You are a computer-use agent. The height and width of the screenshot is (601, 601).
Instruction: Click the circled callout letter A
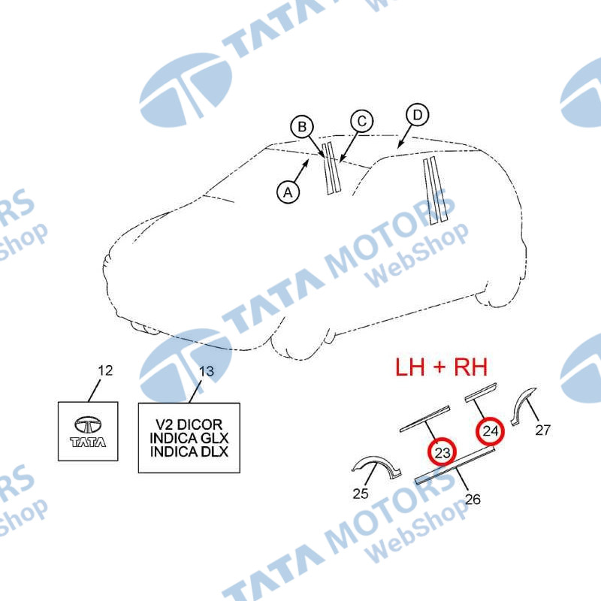pyautogui.click(x=287, y=192)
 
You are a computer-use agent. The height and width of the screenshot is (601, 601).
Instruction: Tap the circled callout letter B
pyautogui.click(x=301, y=127)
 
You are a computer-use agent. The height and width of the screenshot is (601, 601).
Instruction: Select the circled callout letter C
pyautogui.click(x=361, y=121)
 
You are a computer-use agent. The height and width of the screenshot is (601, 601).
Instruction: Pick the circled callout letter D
pyautogui.click(x=417, y=116)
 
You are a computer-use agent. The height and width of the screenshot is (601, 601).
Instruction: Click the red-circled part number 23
pyautogui.click(x=442, y=452)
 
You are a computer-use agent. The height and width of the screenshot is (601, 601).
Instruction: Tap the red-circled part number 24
pyautogui.click(x=491, y=430)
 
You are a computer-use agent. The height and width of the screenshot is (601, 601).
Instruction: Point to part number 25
pyautogui.click(x=361, y=493)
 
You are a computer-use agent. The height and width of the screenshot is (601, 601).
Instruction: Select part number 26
pyautogui.click(x=473, y=497)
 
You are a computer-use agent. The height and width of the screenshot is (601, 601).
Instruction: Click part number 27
pyautogui.click(x=542, y=430)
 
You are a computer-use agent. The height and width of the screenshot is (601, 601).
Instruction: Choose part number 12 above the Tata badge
pyautogui.click(x=105, y=370)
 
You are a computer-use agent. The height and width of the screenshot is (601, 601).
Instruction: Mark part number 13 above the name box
pyautogui.click(x=205, y=370)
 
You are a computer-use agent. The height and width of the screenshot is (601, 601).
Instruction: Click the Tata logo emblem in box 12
pyautogui.click(x=89, y=425)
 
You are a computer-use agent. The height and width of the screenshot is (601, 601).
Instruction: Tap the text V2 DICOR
pyautogui.click(x=189, y=425)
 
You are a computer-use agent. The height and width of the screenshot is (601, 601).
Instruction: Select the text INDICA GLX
pyautogui.click(x=189, y=439)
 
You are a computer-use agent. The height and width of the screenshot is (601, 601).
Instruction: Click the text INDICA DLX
pyautogui.click(x=189, y=452)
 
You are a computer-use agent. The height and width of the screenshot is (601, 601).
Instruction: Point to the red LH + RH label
pyautogui.click(x=442, y=367)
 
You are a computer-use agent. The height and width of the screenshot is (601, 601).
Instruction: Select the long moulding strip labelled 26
pyautogui.click(x=455, y=464)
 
